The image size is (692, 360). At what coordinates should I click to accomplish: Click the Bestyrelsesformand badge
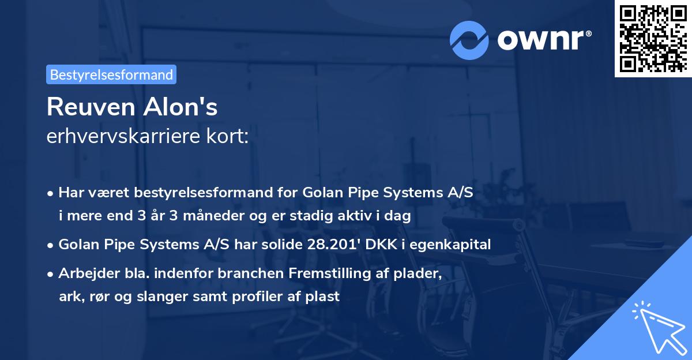point(111,74)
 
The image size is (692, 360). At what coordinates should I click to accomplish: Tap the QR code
point(653,39)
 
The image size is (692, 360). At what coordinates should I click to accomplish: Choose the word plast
point(324,297)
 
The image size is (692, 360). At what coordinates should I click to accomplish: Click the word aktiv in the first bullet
point(370,216)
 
